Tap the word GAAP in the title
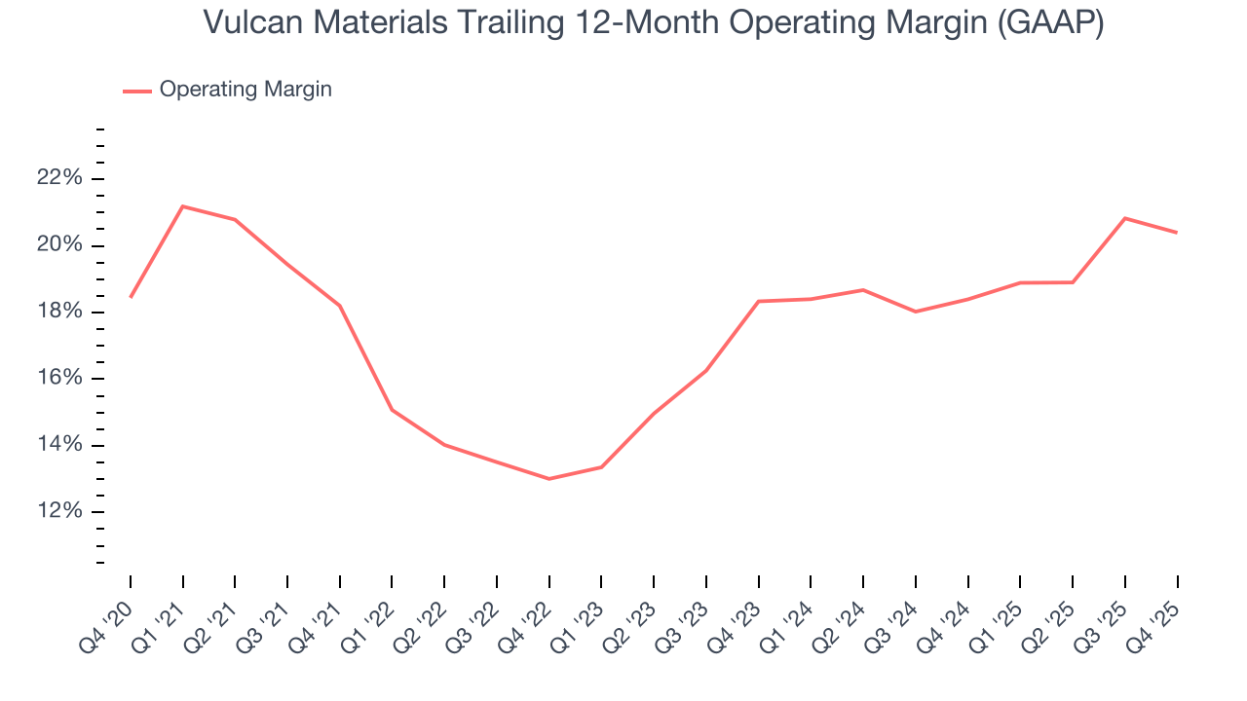pyautogui.click(x=1047, y=22)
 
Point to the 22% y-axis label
pyautogui.click(x=58, y=178)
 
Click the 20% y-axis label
pyautogui.click(x=58, y=245)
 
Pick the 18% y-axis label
pyautogui.click(x=58, y=312)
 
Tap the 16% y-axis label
pyautogui.click(x=58, y=379)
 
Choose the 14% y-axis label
pyautogui.click(x=58, y=445)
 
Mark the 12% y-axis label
pyautogui.click(x=58, y=512)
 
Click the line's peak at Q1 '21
pyautogui.click(x=183, y=206)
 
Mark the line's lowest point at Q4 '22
pyautogui.click(x=549, y=479)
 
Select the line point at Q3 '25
pyautogui.click(x=1125, y=218)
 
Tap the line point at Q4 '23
pyautogui.click(x=759, y=301)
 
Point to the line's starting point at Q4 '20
pyautogui.click(x=131, y=297)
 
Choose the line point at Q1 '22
pyautogui.click(x=392, y=410)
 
